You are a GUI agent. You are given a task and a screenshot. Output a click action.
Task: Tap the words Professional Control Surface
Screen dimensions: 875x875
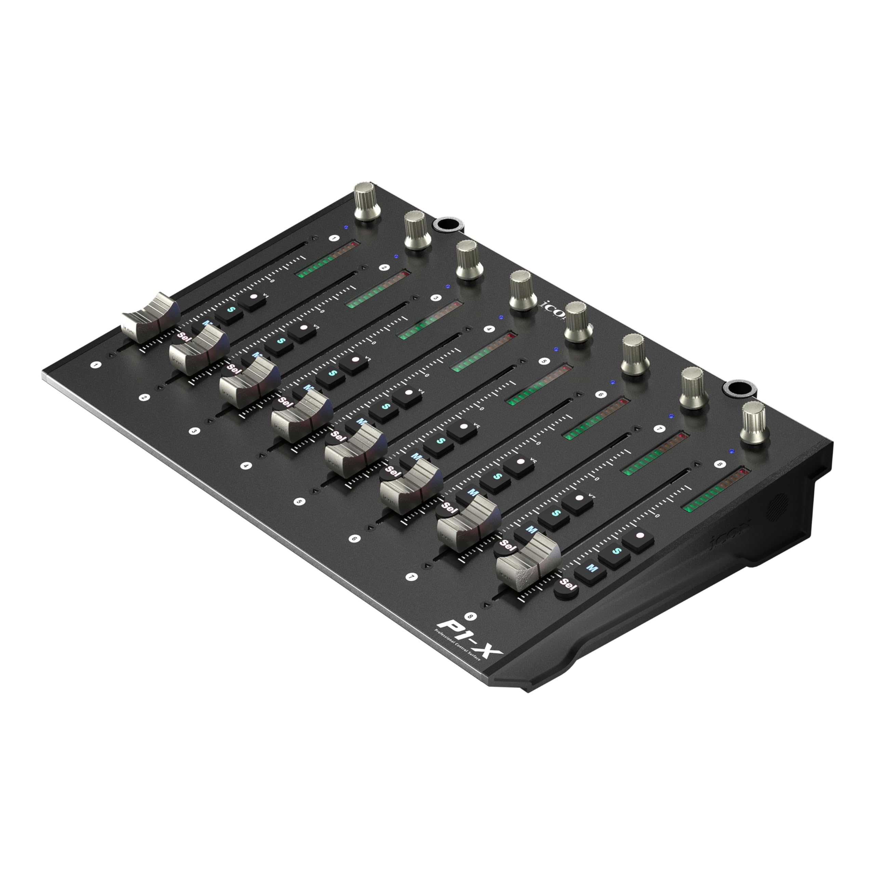click(x=457, y=652)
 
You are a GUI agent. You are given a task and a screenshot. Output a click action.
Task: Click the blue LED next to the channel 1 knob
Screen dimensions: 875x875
click(x=346, y=227)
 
